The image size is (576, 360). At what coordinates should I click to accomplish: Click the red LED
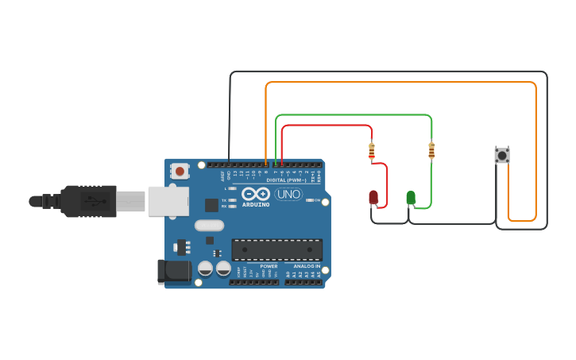(x=373, y=197)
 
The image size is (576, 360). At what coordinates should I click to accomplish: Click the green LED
(x=411, y=197)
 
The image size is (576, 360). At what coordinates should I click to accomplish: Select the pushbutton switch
(x=501, y=155)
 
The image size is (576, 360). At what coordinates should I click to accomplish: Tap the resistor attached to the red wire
(x=371, y=149)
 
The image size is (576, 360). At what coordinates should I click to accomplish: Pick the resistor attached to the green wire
(x=431, y=149)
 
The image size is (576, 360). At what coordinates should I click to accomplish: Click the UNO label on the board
(x=288, y=194)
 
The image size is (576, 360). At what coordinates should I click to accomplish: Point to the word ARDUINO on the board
(x=256, y=204)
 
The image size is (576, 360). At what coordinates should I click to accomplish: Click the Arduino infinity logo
(x=256, y=194)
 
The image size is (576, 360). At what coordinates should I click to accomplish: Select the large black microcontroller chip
(x=277, y=250)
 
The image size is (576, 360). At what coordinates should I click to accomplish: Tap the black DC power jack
(x=171, y=271)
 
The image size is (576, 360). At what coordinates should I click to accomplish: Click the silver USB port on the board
(x=168, y=201)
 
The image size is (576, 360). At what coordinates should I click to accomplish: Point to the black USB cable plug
(x=87, y=201)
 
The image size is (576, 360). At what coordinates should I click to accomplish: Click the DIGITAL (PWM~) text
(x=286, y=180)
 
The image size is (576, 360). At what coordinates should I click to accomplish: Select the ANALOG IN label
(x=305, y=266)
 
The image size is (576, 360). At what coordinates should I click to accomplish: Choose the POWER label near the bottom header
(x=269, y=266)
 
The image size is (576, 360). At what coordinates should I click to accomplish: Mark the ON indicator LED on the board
(x=311, y=199)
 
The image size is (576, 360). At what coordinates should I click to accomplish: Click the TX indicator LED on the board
(x=232, y=199)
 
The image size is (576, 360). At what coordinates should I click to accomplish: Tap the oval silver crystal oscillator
(x=210, y=239)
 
